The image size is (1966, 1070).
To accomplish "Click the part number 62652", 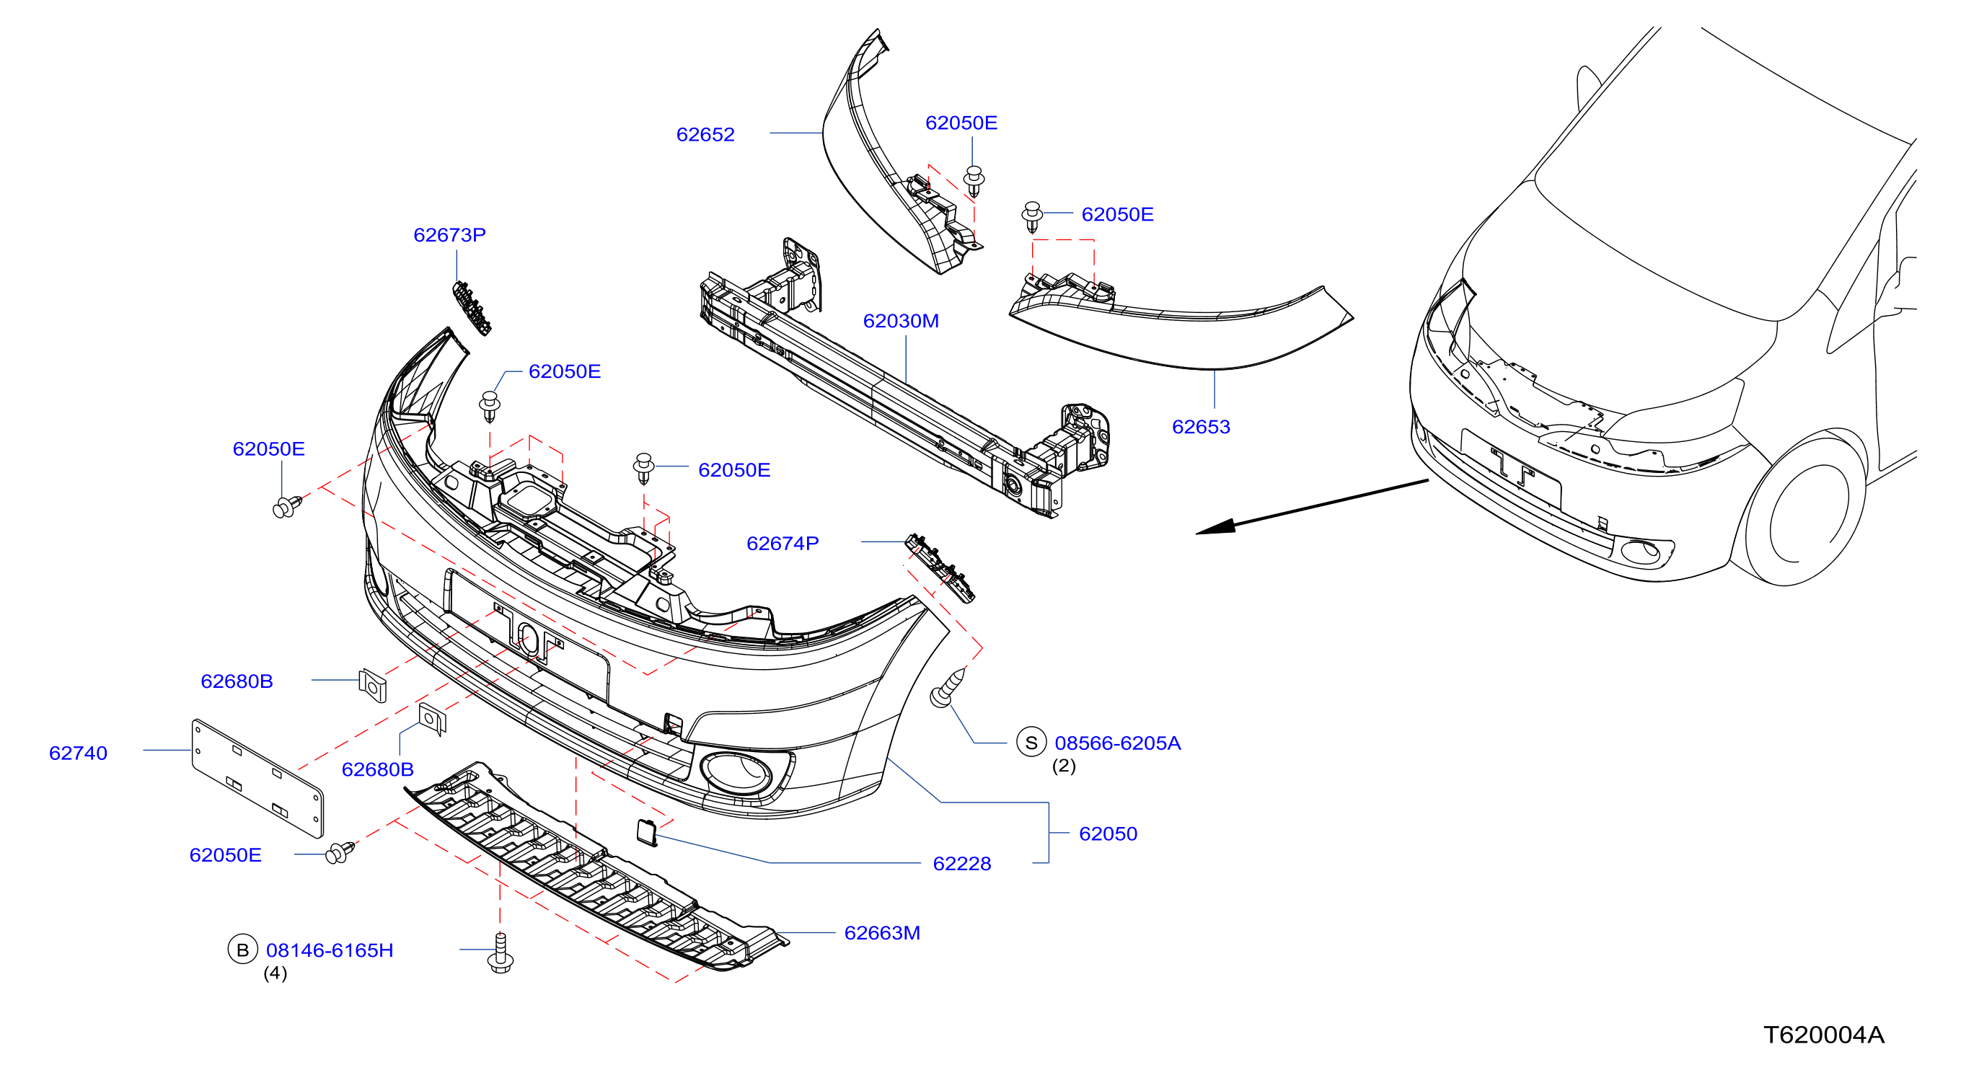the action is pos(705,134).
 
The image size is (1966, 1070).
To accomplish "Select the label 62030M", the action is pos(901,321).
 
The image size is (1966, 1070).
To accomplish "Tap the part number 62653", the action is pos(1201,427).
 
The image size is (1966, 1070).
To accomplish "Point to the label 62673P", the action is pos(449,235).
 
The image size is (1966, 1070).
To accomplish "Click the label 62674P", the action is pos(783,544).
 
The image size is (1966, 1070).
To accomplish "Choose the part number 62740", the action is pos(78,753).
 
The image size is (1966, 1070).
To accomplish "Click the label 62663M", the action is pos(882,932).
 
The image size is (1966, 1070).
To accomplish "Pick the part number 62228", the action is pos(961,864).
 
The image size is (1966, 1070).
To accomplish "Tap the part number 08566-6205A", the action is pos(1117,743).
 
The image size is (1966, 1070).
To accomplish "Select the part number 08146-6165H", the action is pos(330,950).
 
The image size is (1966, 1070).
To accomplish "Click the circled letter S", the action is pos(1031,742).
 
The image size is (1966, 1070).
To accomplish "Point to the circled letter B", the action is pos(243,950).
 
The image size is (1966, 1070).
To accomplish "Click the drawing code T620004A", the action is pos(1823,1035).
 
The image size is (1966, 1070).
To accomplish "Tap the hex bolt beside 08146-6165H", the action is pos(500,953).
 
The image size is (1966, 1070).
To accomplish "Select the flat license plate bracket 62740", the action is pos(257,778).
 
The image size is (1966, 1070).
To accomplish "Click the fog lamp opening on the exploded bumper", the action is pos(736,772).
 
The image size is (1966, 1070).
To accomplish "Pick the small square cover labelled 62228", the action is pos(646,832).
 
